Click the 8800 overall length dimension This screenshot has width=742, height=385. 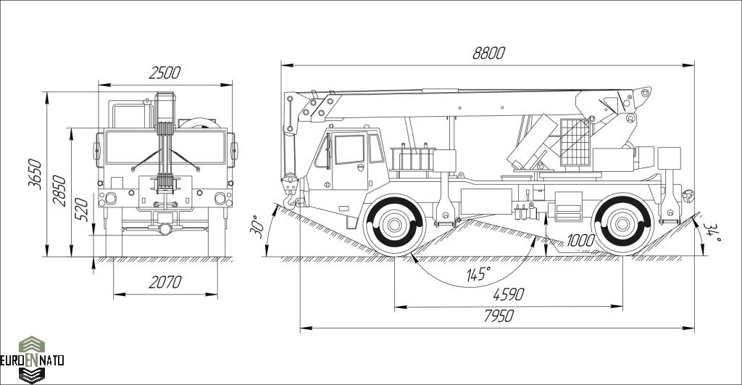tap(489, 53)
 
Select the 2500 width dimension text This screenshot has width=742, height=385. tap(164, 73)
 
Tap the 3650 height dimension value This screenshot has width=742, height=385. tap(35, 174)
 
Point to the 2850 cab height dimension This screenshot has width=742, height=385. tap(59, 191)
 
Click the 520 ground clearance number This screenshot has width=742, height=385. tap(82, 210)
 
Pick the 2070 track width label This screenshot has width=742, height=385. tap(165, 282)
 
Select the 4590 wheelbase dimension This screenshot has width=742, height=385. tap(509, 294)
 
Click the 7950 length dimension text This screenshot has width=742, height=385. tap(499, 316)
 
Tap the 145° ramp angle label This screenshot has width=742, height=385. tap(478, 274)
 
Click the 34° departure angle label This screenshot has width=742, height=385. tap(712, 232)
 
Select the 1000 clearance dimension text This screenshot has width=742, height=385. tap(580, 241)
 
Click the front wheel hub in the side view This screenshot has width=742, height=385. tap(393, 225)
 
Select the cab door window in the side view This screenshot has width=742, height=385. tap(349, 149)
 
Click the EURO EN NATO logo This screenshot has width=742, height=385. tap(32, 360)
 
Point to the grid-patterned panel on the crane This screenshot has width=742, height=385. tap(575, 142)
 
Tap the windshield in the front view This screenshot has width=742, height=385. tap(165, 147)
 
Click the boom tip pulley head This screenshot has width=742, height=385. tap(642, 96)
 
